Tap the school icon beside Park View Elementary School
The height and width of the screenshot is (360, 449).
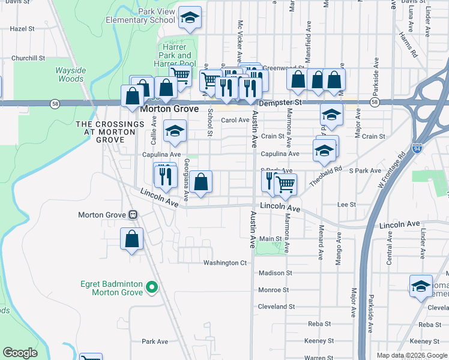tap(190, 20)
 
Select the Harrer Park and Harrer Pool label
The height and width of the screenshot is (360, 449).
tap(176, 56)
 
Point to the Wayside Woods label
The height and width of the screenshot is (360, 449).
tap(70, 74)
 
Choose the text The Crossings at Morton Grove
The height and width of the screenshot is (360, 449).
tap(110, 131)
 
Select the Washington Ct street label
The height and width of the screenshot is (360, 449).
tap(225, 263)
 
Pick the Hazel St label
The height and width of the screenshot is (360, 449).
tap(23, 28)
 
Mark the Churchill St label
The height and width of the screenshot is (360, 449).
tap(28, 58)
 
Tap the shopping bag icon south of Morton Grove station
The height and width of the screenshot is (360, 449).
tap(132, 239)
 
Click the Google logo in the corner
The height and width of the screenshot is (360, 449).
tap(20, 353)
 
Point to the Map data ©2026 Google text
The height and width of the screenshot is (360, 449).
tap(412, 355)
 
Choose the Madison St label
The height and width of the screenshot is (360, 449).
tap(275, 273)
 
